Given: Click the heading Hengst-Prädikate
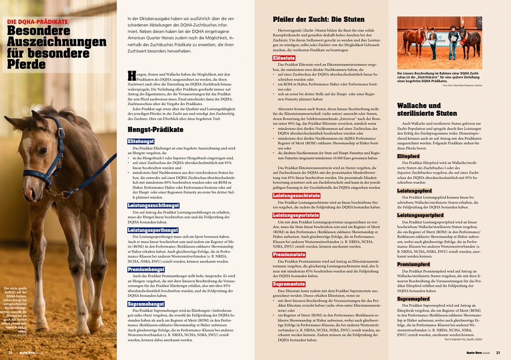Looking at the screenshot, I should (155, 130).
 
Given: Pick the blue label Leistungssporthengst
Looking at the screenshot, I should (152, 230).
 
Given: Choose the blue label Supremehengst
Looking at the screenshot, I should (146, 304).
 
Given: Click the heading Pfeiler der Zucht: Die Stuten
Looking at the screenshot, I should (319, 20).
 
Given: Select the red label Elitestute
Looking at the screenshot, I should (287, 59).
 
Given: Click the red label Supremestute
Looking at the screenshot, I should (290, 284).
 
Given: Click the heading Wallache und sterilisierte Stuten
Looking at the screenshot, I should (427, 109).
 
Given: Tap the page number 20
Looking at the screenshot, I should (10, 352).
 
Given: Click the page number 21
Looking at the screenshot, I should (498, 352).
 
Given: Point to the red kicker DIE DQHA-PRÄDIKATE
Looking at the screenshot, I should (37, 21).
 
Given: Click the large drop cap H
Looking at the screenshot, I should (132, 77).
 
